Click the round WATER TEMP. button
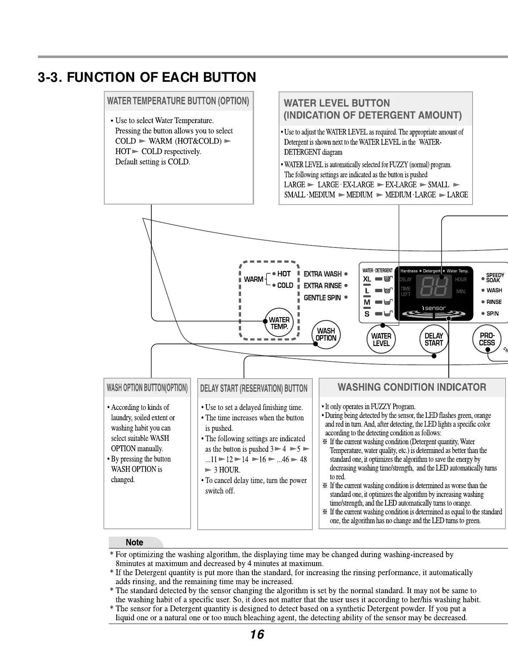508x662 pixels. [279, 323]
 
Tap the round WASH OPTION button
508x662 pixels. [326, 334]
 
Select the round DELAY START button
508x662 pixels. [433, 339]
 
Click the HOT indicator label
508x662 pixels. [284, 274]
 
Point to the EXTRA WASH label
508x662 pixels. [322, 274]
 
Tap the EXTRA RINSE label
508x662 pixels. [322, 286]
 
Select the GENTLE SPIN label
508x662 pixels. [322, 298]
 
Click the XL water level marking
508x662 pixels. [367, 279]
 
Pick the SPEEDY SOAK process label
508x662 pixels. [495, 278]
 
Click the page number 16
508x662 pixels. [257, 634]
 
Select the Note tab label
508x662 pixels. [134, 542]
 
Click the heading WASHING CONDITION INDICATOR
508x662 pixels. [412, 387]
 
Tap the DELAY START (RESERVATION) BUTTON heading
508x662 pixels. [254, 389]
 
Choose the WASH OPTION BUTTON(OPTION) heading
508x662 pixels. [147, 388]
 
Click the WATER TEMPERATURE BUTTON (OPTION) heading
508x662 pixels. [178, 101]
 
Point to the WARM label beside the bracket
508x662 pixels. [253, 279]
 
